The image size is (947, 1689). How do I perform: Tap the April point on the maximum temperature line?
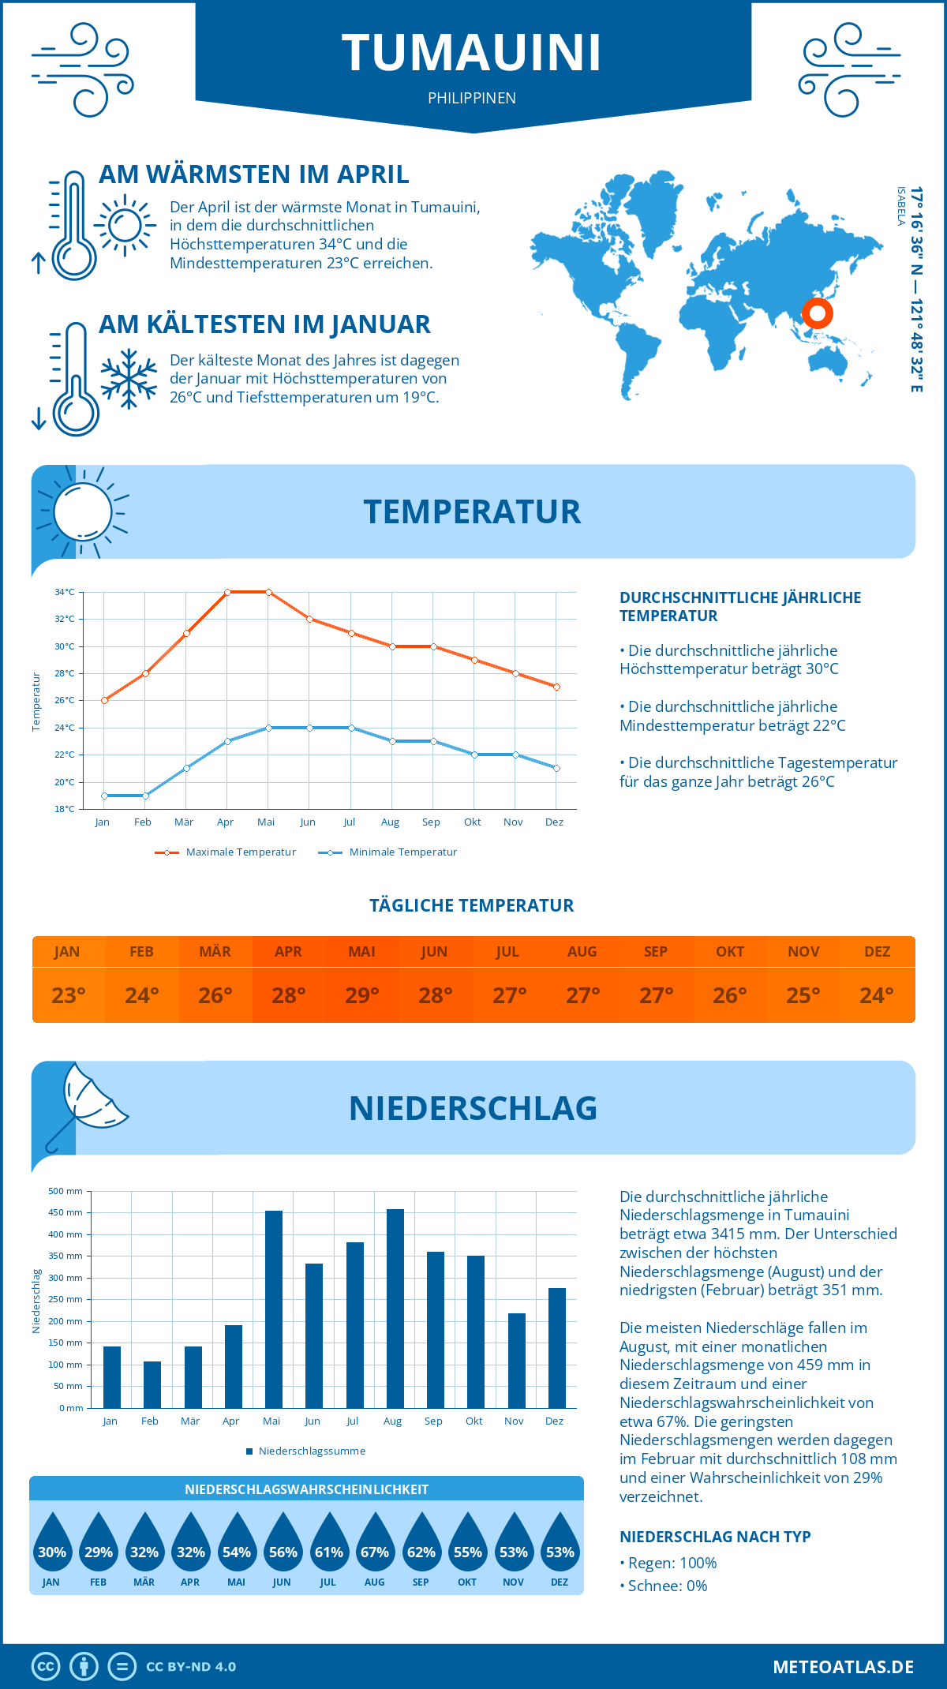[227, 592]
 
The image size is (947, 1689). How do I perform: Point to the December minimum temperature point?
[556, 768]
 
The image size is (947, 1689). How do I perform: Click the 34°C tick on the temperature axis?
[65, 592]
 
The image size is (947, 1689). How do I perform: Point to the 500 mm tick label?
[66, 1191]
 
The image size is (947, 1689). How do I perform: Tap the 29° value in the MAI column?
[362, 995]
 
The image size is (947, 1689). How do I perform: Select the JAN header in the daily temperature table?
[67, 952]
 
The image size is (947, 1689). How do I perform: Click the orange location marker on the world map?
[818, 313]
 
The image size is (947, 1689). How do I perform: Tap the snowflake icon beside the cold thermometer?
[129, 379]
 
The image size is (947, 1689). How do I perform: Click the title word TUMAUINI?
[472, 53]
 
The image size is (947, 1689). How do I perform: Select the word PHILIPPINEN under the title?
[472, 98]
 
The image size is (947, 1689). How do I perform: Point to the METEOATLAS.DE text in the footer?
[843, 1667]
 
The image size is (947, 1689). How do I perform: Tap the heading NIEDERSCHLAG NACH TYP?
[715, 1537]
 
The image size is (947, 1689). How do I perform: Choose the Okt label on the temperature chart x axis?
[472, 822]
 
